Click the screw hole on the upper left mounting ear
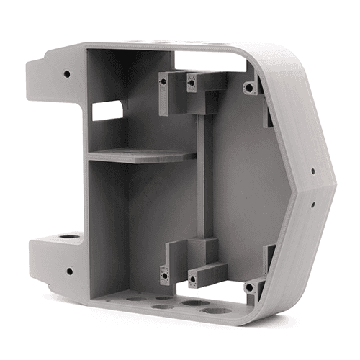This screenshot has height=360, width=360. click(67, 73)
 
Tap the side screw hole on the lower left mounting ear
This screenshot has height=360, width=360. click(69, 271)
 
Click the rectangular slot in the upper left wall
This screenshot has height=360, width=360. click(107, 109)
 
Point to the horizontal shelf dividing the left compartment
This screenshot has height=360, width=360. click(140, 155)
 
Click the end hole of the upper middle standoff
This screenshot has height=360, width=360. click(192, 82)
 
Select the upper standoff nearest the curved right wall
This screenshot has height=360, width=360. click(250, 87)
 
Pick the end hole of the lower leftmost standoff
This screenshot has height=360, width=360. click(164, 274)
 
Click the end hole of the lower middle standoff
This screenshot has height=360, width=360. click(192, 274)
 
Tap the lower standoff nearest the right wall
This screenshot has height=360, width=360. click(250, 286)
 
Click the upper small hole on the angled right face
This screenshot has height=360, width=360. click(312, 172)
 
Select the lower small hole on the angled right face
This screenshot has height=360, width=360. click(313, 203)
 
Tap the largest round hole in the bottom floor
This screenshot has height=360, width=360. click(215, 310)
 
